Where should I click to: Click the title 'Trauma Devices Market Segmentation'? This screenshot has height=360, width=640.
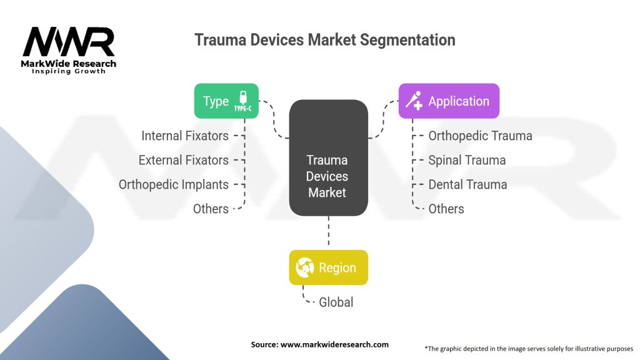click(x=324, y=40)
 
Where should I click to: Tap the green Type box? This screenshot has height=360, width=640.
click(x=226, y=101)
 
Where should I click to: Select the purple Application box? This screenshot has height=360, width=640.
click(x=449, y=101)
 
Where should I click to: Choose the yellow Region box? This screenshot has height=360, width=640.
click(x=328, y=267)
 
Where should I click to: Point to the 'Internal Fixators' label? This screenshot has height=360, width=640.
click(x=185, y=136)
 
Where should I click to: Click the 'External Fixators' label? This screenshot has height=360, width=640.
click(x=184, y=160)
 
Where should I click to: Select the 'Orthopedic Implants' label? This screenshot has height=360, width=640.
click(x=174, y=184)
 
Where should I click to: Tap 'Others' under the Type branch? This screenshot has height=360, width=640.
click(x=211, y=209)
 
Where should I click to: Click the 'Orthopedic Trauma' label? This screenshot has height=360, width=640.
click(x=480, y=136)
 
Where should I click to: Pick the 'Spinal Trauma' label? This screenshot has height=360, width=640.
click(x=467, y=160)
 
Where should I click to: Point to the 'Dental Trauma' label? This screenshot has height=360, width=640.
click(x=467, y=184)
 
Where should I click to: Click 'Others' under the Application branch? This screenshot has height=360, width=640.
click(x=446, y=209)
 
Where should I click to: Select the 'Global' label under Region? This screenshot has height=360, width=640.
click(x=336, y=302)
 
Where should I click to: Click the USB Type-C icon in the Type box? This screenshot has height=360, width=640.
click(x=243, y=101)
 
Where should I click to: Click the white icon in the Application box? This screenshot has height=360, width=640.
click(x=414, y=101)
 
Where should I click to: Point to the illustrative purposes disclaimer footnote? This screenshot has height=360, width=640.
click(x=528, y=348)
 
